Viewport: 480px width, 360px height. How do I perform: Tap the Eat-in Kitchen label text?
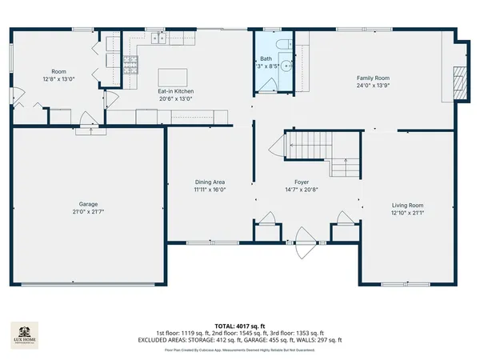pyautogui.click(x=175, y=92)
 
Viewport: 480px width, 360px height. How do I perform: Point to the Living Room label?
pyautogui.click(x=407, y=206)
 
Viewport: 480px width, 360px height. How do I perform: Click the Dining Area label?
pyautogui.click(x=210, y=182)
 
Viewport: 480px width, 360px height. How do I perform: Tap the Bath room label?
pyautogui.click(x=266, y=58)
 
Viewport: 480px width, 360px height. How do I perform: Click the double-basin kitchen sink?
pyautogui.click(x=161, y=37)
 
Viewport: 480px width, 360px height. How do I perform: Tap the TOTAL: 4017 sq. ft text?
pyautogui.click(x=240, y=326)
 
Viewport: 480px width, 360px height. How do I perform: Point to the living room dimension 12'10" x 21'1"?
pyautogui.click(x=407, y=213)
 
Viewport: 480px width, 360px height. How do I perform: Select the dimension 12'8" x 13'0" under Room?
pyautogui.click(x=58, y=79)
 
